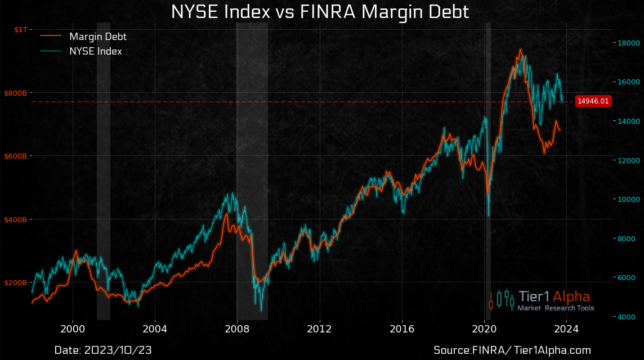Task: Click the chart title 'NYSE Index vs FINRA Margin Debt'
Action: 320,12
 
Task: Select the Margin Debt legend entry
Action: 97,37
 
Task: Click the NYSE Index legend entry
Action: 96,51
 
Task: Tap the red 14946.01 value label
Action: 593,101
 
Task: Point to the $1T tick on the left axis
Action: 20,29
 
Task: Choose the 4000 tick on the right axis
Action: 624,317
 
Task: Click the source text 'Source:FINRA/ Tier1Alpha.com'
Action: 512,350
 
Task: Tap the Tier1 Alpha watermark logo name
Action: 554,296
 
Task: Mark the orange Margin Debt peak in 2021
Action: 520,49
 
